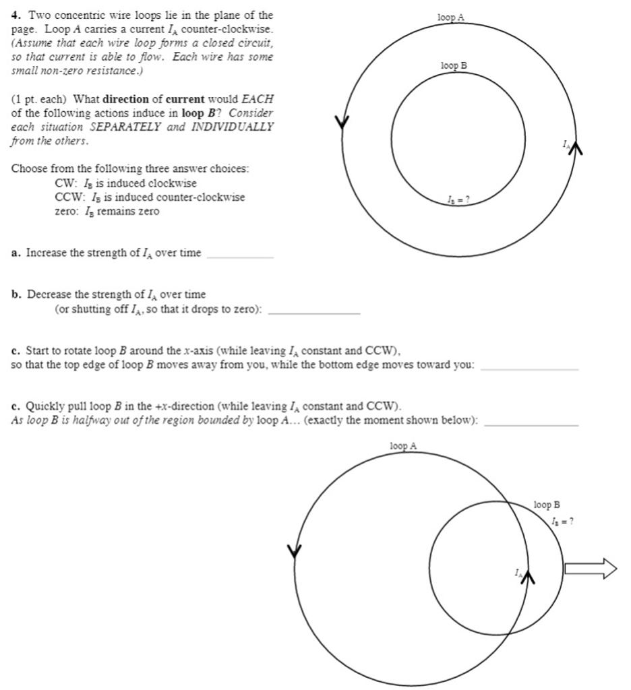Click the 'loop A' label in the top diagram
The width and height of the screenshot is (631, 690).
click(x=451, y=18)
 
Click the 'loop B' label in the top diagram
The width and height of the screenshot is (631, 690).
click(x=454, y=65)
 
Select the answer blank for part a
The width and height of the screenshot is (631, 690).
click(x=241, y=254)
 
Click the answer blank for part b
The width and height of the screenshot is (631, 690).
click(x=313, y=311)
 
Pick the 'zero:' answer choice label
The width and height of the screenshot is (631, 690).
click(x=67, y=212)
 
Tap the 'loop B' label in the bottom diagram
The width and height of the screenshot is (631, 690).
click(x=547, y=505)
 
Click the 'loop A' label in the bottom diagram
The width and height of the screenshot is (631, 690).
click(x=403, y=446)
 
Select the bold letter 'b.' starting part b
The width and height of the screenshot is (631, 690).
click(x=17, y=294)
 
